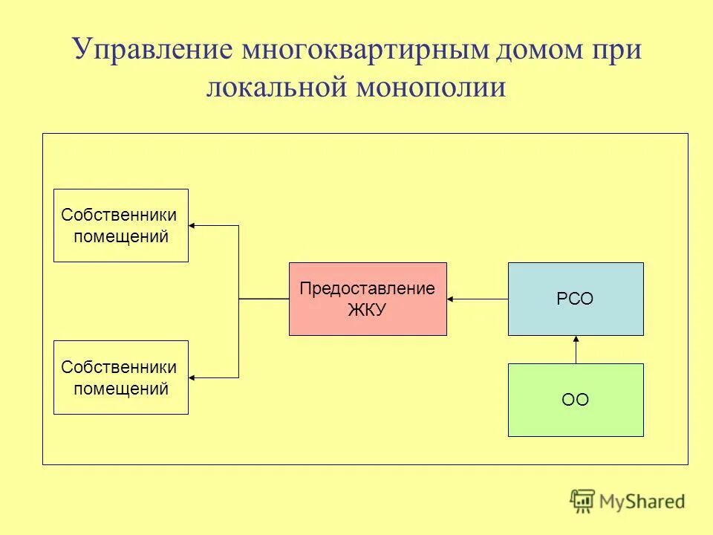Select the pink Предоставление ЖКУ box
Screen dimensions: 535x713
pyautogui.click(x=368, y=299)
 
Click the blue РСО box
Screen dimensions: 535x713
pyautogui.click(x=576, y=299)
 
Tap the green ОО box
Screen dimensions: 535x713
pyautogui.click(x=576, y=400)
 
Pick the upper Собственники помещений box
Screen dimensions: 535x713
pyautogui.click(x=121, y=225)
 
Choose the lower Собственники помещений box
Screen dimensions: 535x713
pyautogui.click(x=121, y=377)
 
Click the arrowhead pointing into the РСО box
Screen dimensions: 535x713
pyautogui.click(x=576, y=340)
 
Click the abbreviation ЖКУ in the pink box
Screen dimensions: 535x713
pyautogui.click(x=367, y=309)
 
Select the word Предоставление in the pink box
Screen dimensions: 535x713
pyautogui.click(x=367, y=289)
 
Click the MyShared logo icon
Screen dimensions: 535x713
pyautogui.click(x=583, y=502)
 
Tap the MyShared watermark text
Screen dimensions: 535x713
pyautogui.click(x=642, y=502)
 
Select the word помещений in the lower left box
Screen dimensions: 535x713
pyautogui.click(x=120, y=388)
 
